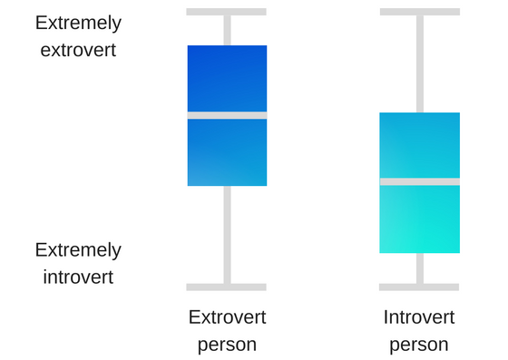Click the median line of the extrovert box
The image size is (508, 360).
[x=227, y=115]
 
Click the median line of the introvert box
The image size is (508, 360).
[x=419, y=181]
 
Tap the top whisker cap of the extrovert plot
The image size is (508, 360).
[x=226, y=12]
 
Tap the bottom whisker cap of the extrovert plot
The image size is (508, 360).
[x=226, y=287]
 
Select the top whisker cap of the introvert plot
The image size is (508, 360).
[x=420, y=12]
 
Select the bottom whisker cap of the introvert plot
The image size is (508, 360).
[x=419, y=287]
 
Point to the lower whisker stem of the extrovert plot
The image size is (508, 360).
[x=228, y=235]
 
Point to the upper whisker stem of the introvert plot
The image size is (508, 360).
[x=420, y=64]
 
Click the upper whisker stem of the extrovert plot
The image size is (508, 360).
[x=228, y=31]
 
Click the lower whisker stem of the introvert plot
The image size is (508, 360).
[x=420, y=268]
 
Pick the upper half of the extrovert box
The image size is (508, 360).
[x=227, y=79]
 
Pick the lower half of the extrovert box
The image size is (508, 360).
[x=227, y=152]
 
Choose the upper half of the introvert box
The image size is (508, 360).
[x=419, y=145]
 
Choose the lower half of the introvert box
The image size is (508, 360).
[x=419, y=219]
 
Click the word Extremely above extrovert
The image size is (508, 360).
[x=78, y=24]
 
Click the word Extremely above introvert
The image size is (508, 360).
[x=78, y=250]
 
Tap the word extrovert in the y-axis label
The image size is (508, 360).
[x=78, y=50]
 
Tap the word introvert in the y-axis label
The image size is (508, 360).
[x=78, y=277]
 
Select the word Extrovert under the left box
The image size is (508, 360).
[x=228, y=317]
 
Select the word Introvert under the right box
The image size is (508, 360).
[x=419, y=317]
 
